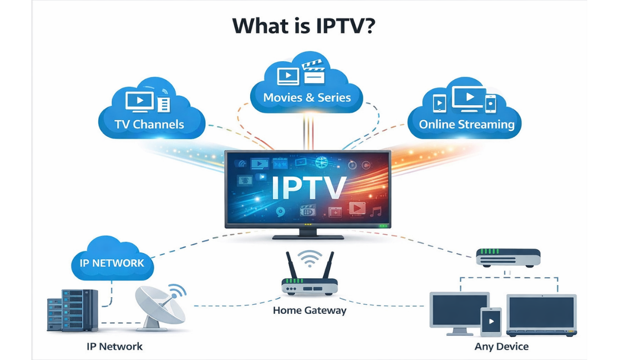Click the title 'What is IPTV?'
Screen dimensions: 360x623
[x=304, y=26]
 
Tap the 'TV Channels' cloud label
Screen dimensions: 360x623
[x=149, y=124]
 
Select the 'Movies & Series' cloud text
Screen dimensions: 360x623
[x=307, y=97]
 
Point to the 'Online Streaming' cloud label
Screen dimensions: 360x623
[x=466, y=124]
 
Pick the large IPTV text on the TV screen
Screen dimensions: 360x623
[x=308, y=188]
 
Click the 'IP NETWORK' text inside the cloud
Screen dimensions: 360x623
[x=112, y=263]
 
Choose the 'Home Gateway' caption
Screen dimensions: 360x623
[x=310, y=310]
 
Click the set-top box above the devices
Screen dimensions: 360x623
[x=508, y=257]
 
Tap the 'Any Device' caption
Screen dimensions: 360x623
[x=501, y=347]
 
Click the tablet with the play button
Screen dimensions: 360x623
[x=491, y=322]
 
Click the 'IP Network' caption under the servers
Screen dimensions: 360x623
[x=114, y=347]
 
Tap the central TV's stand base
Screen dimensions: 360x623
[x=308, y=237]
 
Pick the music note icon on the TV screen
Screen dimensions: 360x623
[x=375, y=211]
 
